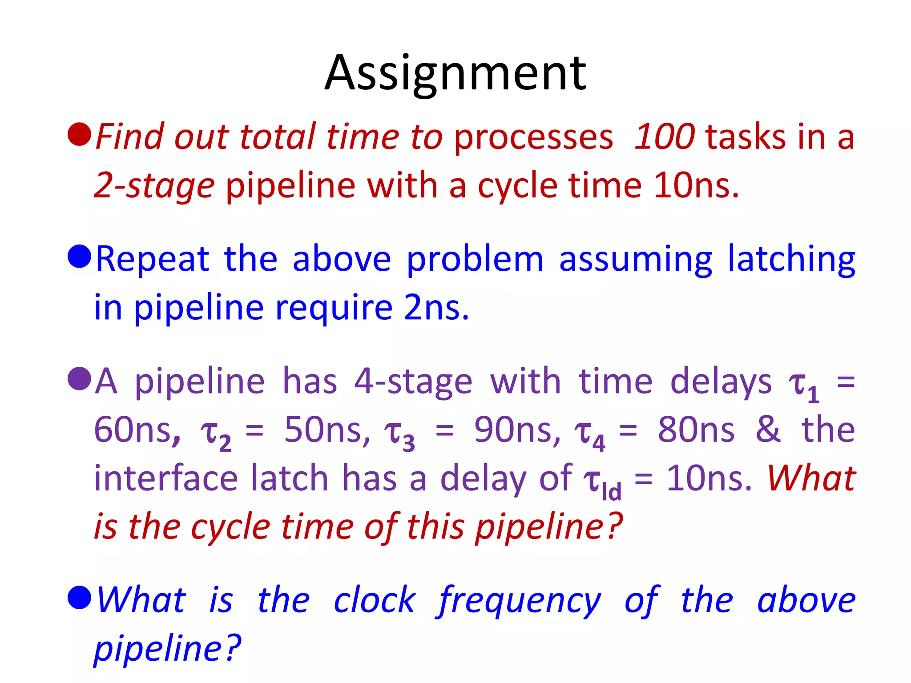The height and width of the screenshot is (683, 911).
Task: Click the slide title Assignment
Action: pos(455,73)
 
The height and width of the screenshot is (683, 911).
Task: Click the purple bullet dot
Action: pos(80,378)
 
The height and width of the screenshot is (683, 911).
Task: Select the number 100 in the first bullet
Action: pos(664,137)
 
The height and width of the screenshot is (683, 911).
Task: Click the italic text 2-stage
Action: pos(154,185)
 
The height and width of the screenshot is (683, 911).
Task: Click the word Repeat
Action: pos(153,259)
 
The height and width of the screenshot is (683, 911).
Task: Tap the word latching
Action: pos(791,259)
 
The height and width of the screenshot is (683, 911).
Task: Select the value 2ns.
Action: pos(436,308)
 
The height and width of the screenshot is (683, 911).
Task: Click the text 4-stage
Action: pos(413,382)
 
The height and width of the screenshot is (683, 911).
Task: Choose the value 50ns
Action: pos(327,430)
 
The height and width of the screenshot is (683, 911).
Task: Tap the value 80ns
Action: pos(696,430)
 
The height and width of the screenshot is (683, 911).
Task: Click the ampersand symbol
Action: pos(768,430)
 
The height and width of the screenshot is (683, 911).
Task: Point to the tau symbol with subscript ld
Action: pos(602,482)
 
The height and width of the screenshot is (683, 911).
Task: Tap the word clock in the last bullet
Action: pos(375,600)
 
